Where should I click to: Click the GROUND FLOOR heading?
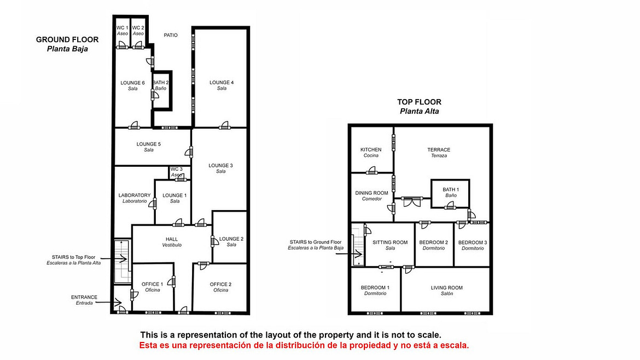(67, 39)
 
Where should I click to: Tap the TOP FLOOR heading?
(419, 102)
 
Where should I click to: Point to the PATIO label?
(171, 35)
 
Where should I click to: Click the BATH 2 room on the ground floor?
(161, 91)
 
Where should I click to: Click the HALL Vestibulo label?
(172, 242)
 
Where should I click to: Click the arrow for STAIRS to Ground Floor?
(349, 254)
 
